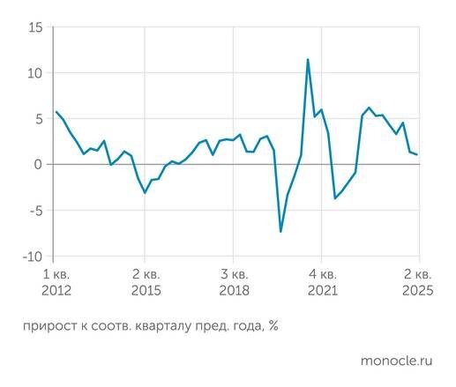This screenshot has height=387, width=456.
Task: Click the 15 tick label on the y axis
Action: coord(34,27)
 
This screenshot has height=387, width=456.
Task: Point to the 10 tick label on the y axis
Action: coord(34,73)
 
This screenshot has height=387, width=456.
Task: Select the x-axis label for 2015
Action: coord(146,290)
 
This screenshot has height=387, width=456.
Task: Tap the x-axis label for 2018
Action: coord(235,290)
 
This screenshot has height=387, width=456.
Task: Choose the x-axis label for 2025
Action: coord(417,290)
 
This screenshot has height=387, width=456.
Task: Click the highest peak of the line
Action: coord(308,60)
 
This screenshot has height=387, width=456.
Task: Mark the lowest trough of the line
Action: coord(280,232)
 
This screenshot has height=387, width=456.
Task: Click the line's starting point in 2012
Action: coord(56,112)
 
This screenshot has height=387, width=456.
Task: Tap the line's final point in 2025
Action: coord(417,154)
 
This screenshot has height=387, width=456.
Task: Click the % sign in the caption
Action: coord(273,325)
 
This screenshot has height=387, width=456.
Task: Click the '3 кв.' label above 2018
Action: coord(235,272)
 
